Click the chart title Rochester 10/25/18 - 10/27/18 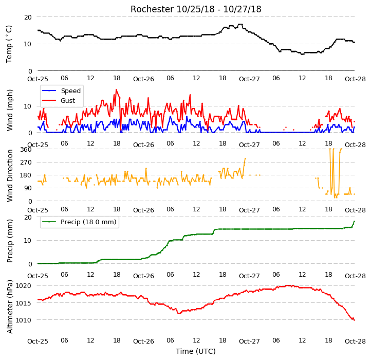click(196, 9)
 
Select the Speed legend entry click(61, 91)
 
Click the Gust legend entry click(59, 100)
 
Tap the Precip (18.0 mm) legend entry click(79, 222)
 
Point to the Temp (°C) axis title click(9, 44)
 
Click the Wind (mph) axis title click(10, 110)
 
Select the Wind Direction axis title click(10, 175)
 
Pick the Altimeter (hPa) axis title click(10, 307)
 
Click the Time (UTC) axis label click(196, 351)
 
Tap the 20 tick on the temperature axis click(28, 17)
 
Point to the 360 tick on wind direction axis click(26, 150)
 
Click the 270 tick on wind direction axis click(26, 163)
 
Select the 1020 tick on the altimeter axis click(24, 286)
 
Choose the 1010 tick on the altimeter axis click(24, 320)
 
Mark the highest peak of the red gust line click(116, 89)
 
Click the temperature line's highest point click(240, 24)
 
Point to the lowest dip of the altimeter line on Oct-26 click(179, 313)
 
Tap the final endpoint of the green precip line click(354, 221)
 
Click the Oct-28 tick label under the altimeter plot click(355, 341)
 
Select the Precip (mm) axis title click(10, 241)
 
